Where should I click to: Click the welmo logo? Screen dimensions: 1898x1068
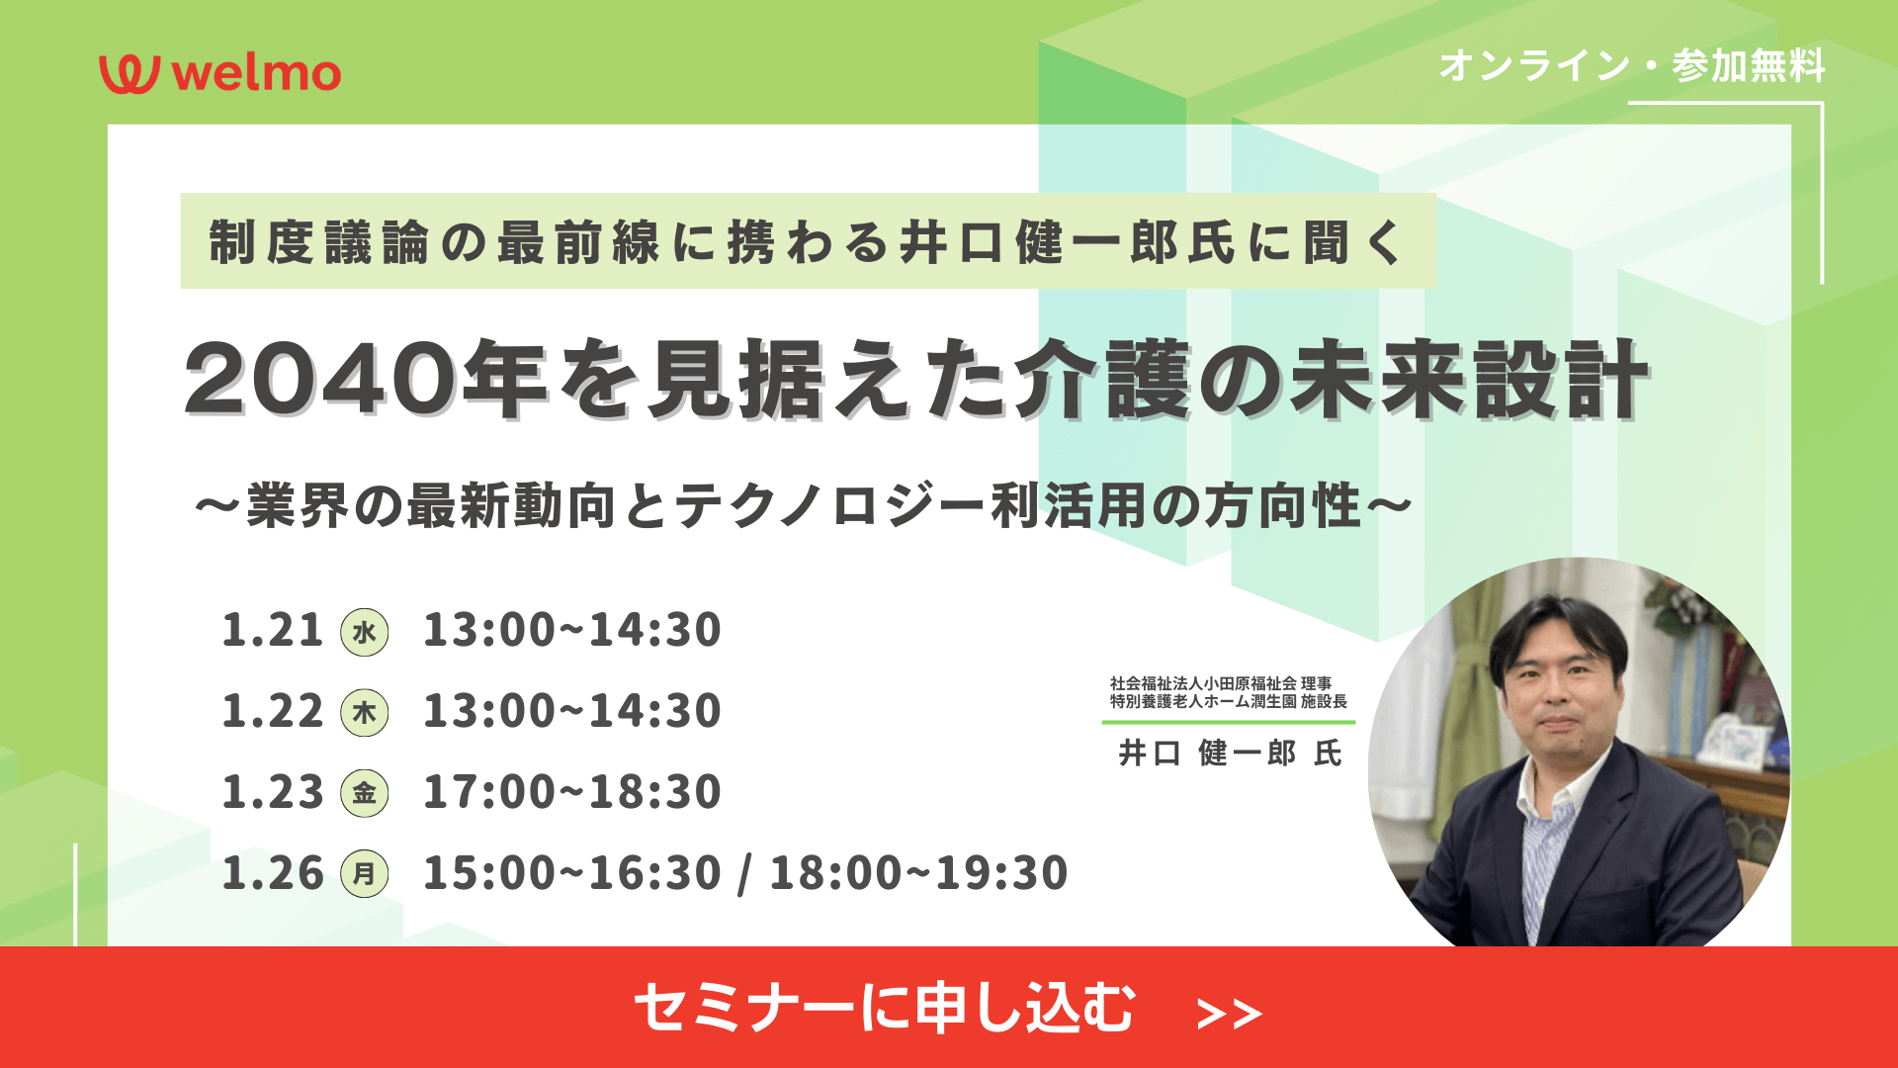pos(219,74)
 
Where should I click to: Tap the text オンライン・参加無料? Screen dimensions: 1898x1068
pos(1632,66)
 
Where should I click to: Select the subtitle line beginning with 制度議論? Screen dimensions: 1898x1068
pos(807,242)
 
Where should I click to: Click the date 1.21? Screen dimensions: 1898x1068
pos(273,630)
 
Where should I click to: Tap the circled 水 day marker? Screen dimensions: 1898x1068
pos(365,632)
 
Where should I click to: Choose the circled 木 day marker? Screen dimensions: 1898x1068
pos(365,713)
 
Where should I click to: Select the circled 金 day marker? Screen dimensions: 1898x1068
pos(365,793)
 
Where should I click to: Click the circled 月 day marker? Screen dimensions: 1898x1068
pos(365,874)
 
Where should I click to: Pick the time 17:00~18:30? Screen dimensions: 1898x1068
pos(572,792)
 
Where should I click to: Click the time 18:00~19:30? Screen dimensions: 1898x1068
pos(918,873)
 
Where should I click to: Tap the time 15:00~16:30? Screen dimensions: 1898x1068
pos(572,873)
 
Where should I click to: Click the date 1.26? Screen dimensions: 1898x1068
pos(273,873)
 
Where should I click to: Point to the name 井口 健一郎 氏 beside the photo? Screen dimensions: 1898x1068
pos(1230,754)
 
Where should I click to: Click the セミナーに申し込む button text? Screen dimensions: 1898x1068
pos(885,1008)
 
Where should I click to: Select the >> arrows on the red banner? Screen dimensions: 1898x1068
pos(1229,1014)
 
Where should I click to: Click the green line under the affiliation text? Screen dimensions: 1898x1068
pos(1229,722)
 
